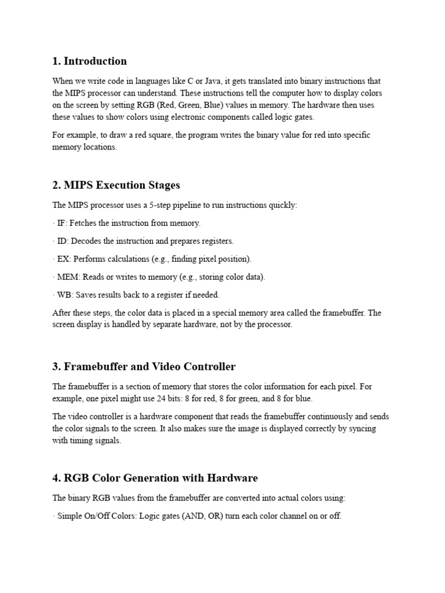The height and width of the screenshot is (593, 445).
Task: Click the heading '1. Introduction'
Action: tap(89, 61)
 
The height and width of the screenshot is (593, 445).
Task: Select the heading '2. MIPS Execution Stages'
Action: tap(116, 185)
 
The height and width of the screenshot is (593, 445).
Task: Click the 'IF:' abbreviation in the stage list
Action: tap(61, 223)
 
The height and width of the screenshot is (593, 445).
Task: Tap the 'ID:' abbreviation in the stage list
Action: tap(63, 241)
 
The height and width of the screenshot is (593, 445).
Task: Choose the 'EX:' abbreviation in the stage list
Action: tap(63, 259)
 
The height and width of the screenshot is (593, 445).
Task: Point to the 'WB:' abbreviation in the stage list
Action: tap(65, 295)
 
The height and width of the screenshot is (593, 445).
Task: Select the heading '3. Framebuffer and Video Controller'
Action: tap(144, 367)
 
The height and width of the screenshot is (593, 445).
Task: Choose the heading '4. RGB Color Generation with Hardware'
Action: tap(155, 478)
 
